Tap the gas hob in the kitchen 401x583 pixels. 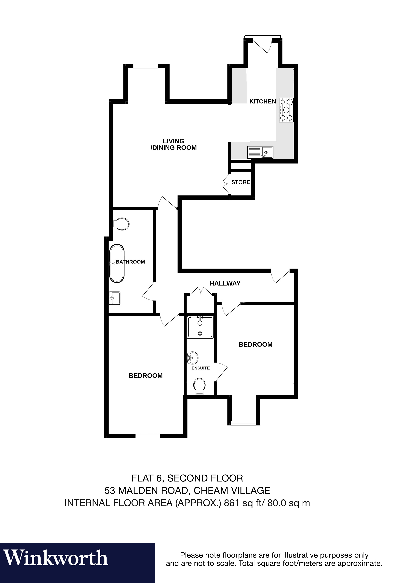pos(286,110)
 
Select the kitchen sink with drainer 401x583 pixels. pos(260,152)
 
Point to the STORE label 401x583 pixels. pos(241,182)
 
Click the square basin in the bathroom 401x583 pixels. pos(115,298)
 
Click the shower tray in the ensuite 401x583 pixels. pos(200,327)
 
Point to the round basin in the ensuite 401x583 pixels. pos(193,358)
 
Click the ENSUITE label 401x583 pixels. pos(200,368)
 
